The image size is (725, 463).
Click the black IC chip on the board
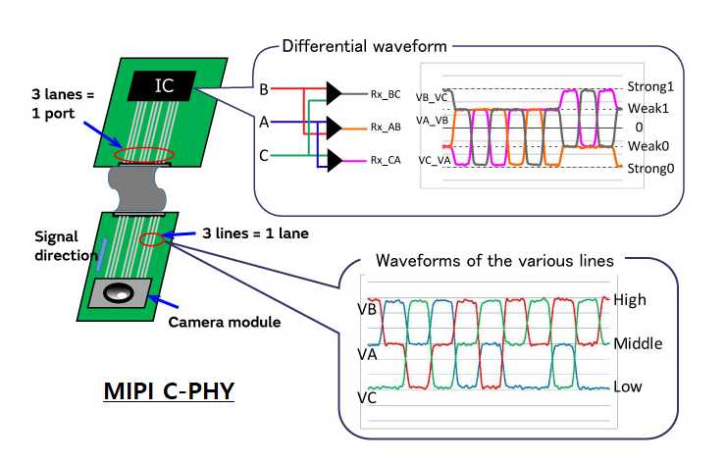(164, 84)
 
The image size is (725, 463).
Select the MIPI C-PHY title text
(172, 392)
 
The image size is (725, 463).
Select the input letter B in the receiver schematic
(263, 89)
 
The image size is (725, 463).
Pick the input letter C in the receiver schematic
(263, 154)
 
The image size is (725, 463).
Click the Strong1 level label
(649, 86)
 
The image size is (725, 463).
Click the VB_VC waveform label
(434, 97)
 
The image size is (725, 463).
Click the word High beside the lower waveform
(630, 299)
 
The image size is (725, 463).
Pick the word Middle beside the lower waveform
(638, 343)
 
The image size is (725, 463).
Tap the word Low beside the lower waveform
(628, 386)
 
